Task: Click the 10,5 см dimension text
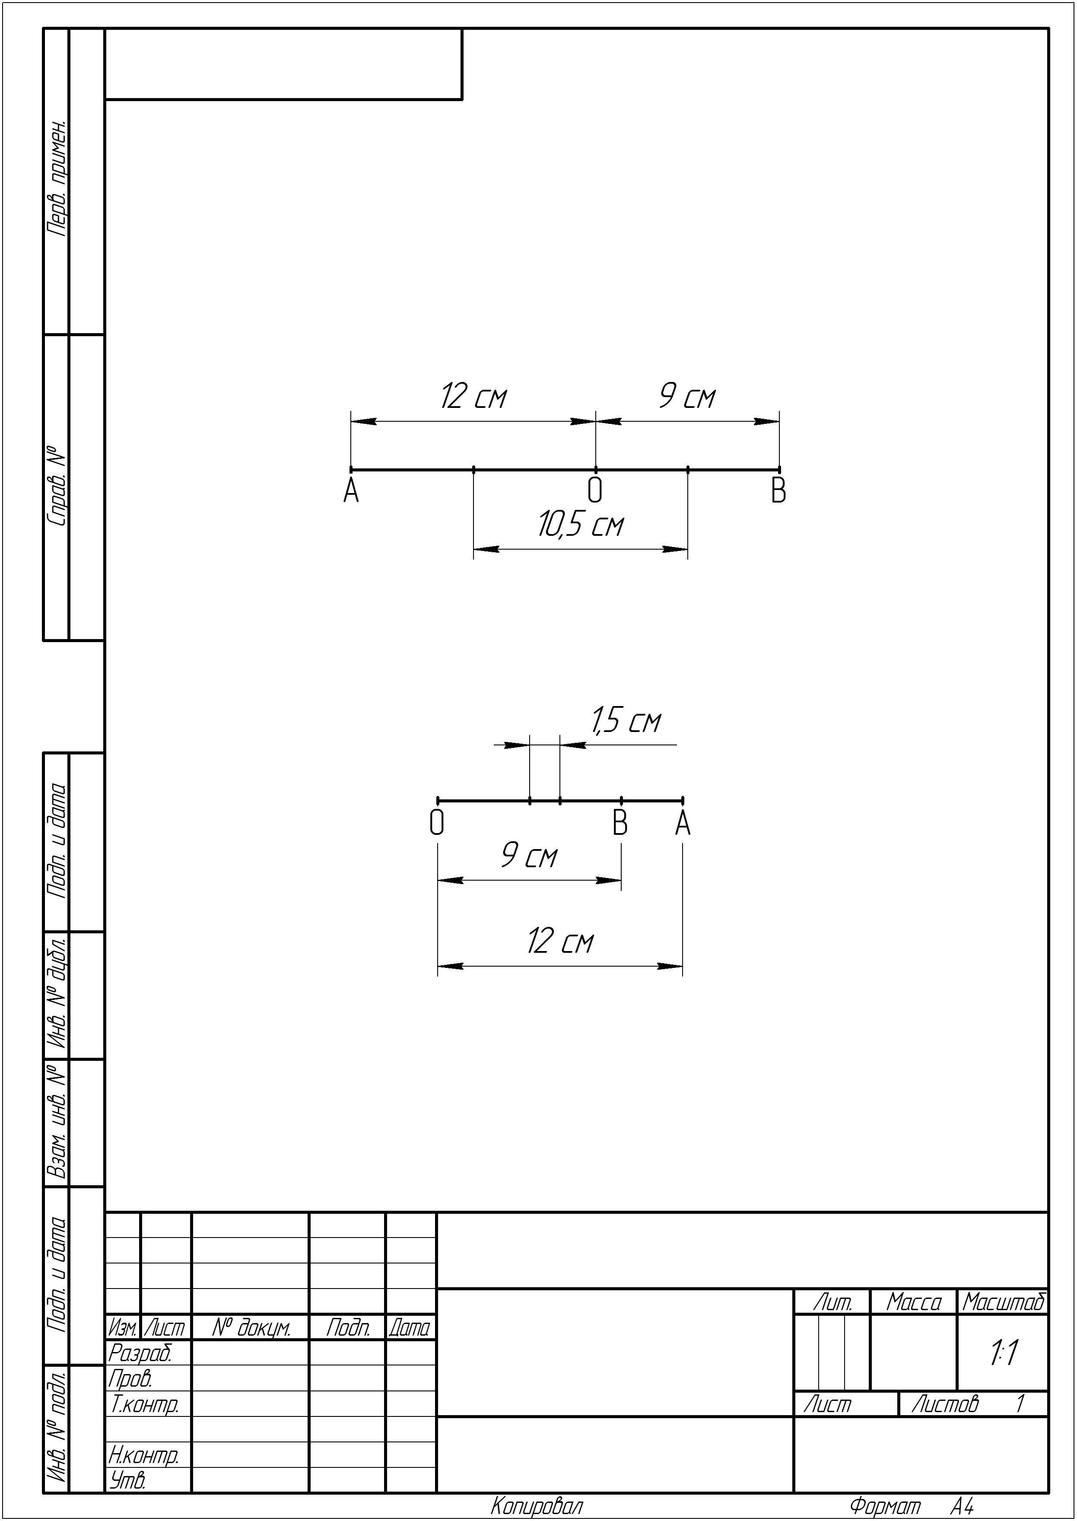click(x=581, y=525)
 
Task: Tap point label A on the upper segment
click(x=351, y=492)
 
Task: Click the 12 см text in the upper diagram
click(x=473, y=397)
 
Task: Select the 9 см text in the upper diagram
click(x=687, y=397)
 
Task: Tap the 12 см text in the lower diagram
click(x=560, y=942)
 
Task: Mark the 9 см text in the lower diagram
click(x=529, y=856)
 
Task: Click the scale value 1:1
click(x=1004, y=1353)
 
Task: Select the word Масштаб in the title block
click(x=1004, y=1302)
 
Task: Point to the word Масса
click(x=914, y=1302)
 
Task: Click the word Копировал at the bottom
click(x=537, y=1506)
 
